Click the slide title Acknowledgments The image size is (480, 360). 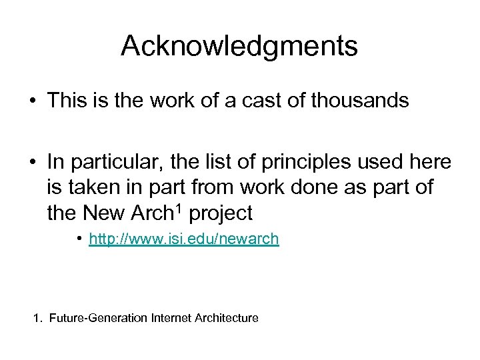[239, 46]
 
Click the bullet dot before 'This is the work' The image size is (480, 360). [32, 102]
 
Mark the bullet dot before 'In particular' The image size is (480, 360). [32, 162]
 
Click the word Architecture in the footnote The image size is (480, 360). [227, 319]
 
